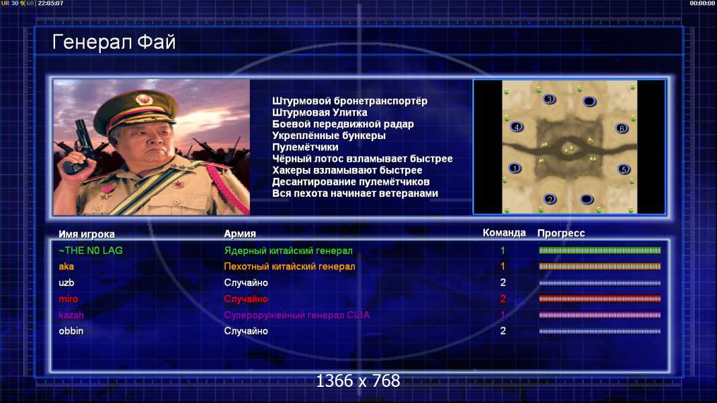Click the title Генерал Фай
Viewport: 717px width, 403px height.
[x=114, y=42]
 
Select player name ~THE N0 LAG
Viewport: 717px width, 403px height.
[x=91, y=251]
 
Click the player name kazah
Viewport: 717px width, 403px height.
[x=71, y=315]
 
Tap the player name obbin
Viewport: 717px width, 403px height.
[x=71, y=331]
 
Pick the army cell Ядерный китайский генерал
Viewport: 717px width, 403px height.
[x=288, y=251]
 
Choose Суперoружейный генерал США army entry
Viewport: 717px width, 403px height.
[x=297, y=315]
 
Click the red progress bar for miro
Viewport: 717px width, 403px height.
[x=600, y=299]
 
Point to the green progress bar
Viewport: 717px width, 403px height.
[x=600, y=251]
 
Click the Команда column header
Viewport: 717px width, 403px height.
[x=504, y=233]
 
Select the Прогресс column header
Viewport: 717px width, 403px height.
[x=561, y=233]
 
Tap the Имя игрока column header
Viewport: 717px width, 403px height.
[x=87, y=234]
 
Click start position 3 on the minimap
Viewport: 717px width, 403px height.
[x=550, y=99]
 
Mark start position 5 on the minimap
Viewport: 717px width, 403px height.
[x=624, y=169]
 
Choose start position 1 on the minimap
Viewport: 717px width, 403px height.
[x=515, y=168]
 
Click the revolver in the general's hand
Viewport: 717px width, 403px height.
[x=79, y=146]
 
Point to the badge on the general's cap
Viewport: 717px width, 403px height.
[x=144, y=100]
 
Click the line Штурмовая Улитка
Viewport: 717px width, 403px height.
[x=320, y=112]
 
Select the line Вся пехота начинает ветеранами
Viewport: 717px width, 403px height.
[x=355, y=193]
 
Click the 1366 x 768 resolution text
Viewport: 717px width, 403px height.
[x=358, y=381]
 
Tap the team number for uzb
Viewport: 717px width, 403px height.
[x=503, y=283]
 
